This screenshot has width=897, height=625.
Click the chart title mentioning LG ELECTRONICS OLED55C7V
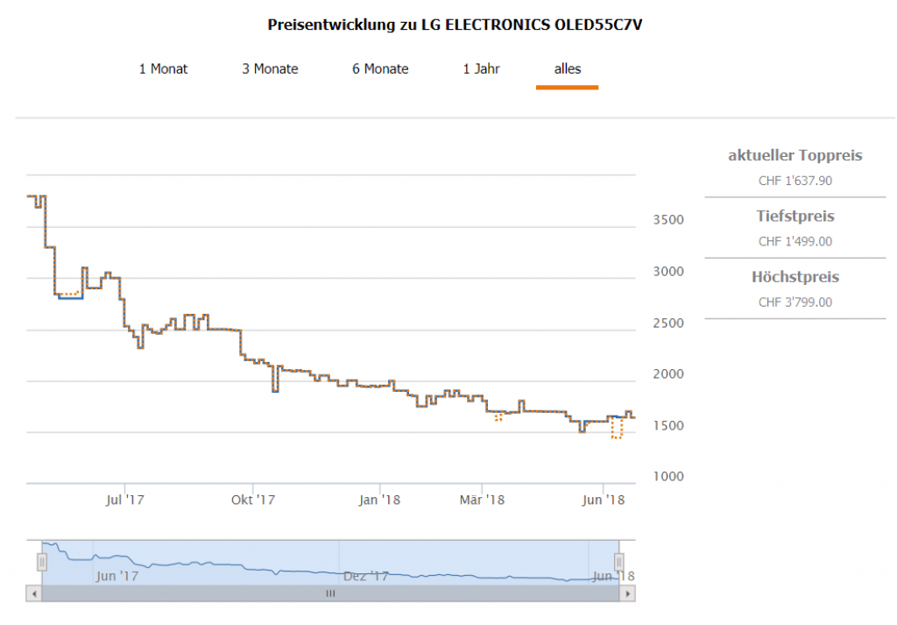click(x=456, y=25)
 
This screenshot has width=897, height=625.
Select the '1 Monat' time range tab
click(x=163, y=68)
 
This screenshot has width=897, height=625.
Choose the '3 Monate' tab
click(x=270, y=68)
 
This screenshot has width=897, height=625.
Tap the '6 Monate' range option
click(x=380, y=68)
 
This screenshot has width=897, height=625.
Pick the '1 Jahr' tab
click(x=481, y=68)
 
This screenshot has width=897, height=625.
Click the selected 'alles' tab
click(x=567, y=68)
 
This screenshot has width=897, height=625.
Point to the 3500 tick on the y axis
click(x=670, y=219)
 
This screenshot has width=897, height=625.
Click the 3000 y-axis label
click(x=670, y=271)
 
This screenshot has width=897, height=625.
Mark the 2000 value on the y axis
click(x=670, y=373)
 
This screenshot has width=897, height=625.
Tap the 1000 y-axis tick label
click(x=670, y=476)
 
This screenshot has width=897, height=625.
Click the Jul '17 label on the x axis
click(x=124, y=500)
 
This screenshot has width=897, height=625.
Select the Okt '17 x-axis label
click(x=252, y=500)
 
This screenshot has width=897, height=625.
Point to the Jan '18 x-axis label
click(x=379, y=500)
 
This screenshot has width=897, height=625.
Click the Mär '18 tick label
click(x=483, y=500)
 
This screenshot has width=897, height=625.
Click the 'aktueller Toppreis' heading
click(x=795, y=156)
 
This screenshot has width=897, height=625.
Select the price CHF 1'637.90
click(x=795, y=181)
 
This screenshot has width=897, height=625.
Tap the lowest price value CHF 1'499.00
click(x=795, y=242)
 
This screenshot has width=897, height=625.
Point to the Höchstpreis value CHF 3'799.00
click(x=795, y=302)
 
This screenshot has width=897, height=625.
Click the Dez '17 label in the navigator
click(x=365, y=576)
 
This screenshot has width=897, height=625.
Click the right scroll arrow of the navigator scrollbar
click(x=626, y=593)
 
